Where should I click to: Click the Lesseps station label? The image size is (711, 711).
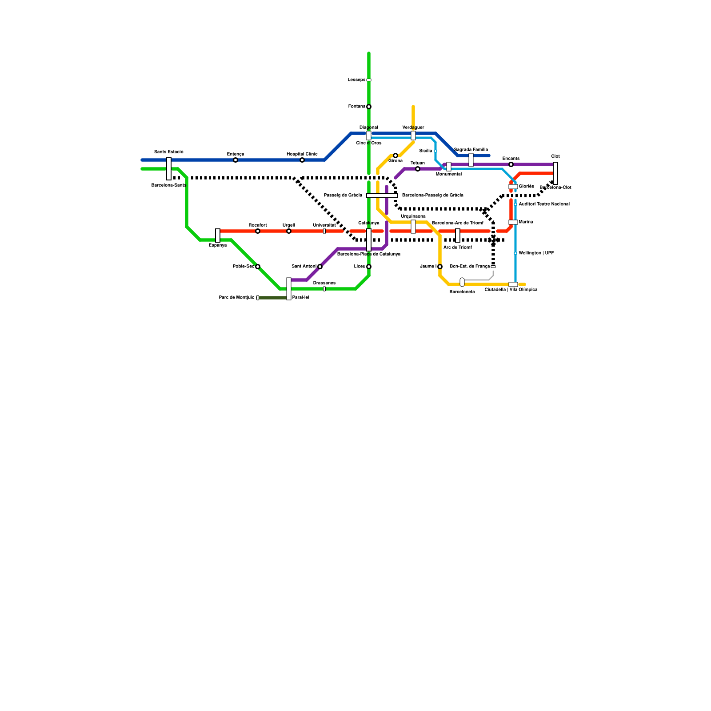click(356, 80)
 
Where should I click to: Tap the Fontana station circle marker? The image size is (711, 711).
click(369, 107)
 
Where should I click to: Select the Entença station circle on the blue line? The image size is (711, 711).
click(236, 160)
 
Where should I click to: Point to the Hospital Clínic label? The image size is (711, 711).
click(302, 154)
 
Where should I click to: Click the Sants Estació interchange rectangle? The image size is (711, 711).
click(169, 169)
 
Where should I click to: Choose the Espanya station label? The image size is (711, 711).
click(218, 245)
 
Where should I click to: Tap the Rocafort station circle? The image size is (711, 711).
click(258, 231)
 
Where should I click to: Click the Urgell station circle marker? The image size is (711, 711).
click(289, 231)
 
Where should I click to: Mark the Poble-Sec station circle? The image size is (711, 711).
click(258, 267)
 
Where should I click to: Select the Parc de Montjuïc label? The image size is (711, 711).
click(236, 298)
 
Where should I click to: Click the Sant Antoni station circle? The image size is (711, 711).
click(320, 267)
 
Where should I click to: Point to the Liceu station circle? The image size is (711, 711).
click(369, 267)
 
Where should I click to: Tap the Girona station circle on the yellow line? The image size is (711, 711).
click(395, 156)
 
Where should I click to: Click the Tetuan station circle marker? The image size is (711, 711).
click(418, 169)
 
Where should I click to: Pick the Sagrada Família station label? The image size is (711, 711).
click(471, 150)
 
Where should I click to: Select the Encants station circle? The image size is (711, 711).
click(511, 164)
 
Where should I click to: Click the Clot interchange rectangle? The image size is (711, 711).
click(555, 173)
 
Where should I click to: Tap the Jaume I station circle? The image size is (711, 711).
click(440, 267)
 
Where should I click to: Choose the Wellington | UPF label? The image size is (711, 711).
click(536, 253)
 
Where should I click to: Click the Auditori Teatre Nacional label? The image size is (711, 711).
click(544, 204)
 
